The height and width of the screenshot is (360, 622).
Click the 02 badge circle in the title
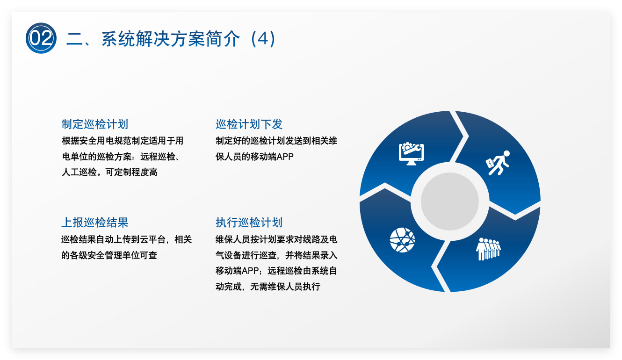[41, 38]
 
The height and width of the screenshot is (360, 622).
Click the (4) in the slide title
[263, 39]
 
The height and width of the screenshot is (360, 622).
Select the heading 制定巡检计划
[94, 124]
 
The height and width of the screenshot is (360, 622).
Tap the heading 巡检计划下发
[249, 124]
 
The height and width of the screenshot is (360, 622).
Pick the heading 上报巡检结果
[94, 223]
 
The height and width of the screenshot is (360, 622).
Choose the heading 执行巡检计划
[249, 223]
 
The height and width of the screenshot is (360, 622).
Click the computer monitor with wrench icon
[411, 154]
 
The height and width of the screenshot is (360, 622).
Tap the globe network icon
[402, 240]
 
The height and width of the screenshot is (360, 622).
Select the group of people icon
[488, 249]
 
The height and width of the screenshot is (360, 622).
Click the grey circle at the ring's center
[450, 201]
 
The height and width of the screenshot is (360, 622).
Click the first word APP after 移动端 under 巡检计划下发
[285, 157]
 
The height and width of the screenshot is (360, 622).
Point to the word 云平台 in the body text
[153, 239]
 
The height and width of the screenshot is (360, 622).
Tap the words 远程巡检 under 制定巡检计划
[158, 157]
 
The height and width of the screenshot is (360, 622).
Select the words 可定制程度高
[131, 172]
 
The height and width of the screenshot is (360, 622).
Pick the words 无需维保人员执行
[285, 287]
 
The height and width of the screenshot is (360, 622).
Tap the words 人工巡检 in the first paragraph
[79, 172]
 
